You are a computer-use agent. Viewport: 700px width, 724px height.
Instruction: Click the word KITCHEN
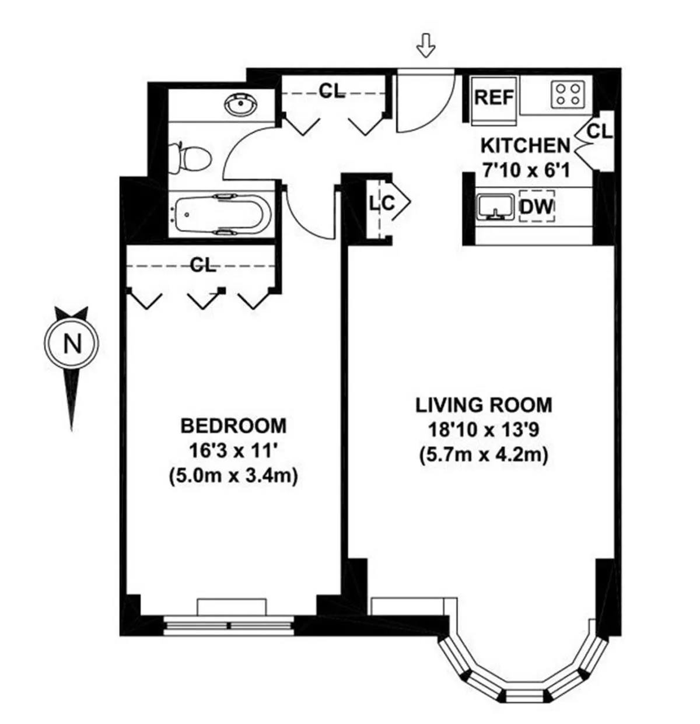[524, 145]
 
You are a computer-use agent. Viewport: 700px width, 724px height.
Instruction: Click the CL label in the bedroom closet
[203, 265]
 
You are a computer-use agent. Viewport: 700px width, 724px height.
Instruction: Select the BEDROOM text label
[233, 426]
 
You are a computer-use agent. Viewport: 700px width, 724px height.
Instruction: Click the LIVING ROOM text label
[484, 404]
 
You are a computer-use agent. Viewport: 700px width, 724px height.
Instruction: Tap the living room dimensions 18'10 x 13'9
[484, 430]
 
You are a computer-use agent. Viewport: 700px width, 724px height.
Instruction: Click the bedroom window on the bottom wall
[229, 625]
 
